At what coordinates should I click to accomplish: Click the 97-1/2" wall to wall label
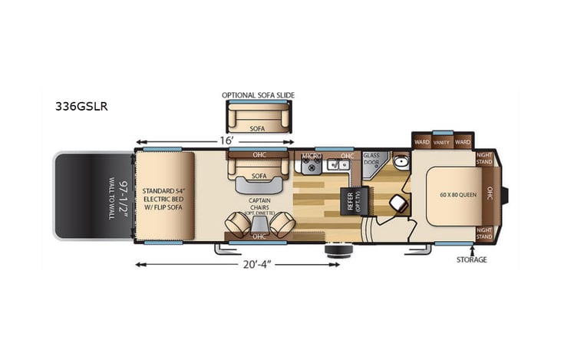coord(107,195)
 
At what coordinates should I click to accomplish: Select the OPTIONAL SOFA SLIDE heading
coord(258,95)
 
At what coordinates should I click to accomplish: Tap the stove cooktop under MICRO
coord(312,166)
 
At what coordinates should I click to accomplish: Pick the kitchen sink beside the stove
coord(335,166)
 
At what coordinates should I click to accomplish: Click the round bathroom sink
coord(399,163)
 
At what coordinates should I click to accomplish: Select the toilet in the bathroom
coord(397,203)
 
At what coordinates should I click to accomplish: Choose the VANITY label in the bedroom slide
coord(441,142)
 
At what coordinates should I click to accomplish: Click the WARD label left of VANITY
coord(421,142)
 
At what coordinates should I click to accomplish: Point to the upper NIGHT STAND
coord(484,159)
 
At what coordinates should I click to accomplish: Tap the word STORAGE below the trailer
coord(473,259)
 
